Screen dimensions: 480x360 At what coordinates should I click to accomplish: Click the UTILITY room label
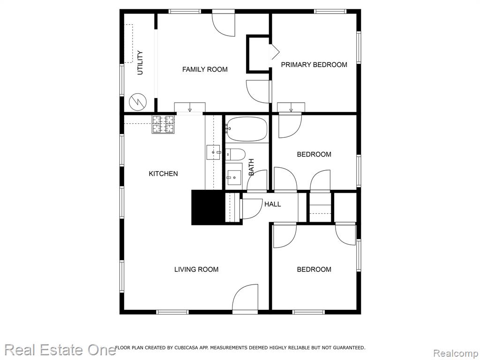click(x=140, y=63)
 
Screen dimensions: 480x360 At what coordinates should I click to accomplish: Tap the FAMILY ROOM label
click(x=205, y=69)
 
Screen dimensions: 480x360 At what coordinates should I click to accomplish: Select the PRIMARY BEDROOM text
click(x=314, y=65)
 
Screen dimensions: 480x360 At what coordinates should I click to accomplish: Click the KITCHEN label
click(x=163, y=173)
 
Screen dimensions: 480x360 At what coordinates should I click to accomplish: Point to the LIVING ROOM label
click(x=196, y=270)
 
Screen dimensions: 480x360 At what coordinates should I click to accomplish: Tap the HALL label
click(x=272, y=204)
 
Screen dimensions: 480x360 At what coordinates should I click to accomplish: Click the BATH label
click(x=251, y=167)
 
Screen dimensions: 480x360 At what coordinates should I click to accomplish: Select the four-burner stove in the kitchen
click(x=163, y=124)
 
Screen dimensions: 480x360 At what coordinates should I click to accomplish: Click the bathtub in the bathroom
click(x=247, y=129)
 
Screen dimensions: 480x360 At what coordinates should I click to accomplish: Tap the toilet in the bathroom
click(x=235, y=154)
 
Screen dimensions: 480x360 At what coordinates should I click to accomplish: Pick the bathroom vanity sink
click(x=233, y=177)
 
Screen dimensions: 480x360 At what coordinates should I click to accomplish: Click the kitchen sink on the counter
click(x=213, y=152)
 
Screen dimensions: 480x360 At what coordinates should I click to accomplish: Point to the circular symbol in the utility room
click(x=138, y=102)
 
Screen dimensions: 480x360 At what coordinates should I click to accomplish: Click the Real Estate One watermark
click(x=60, y=350)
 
